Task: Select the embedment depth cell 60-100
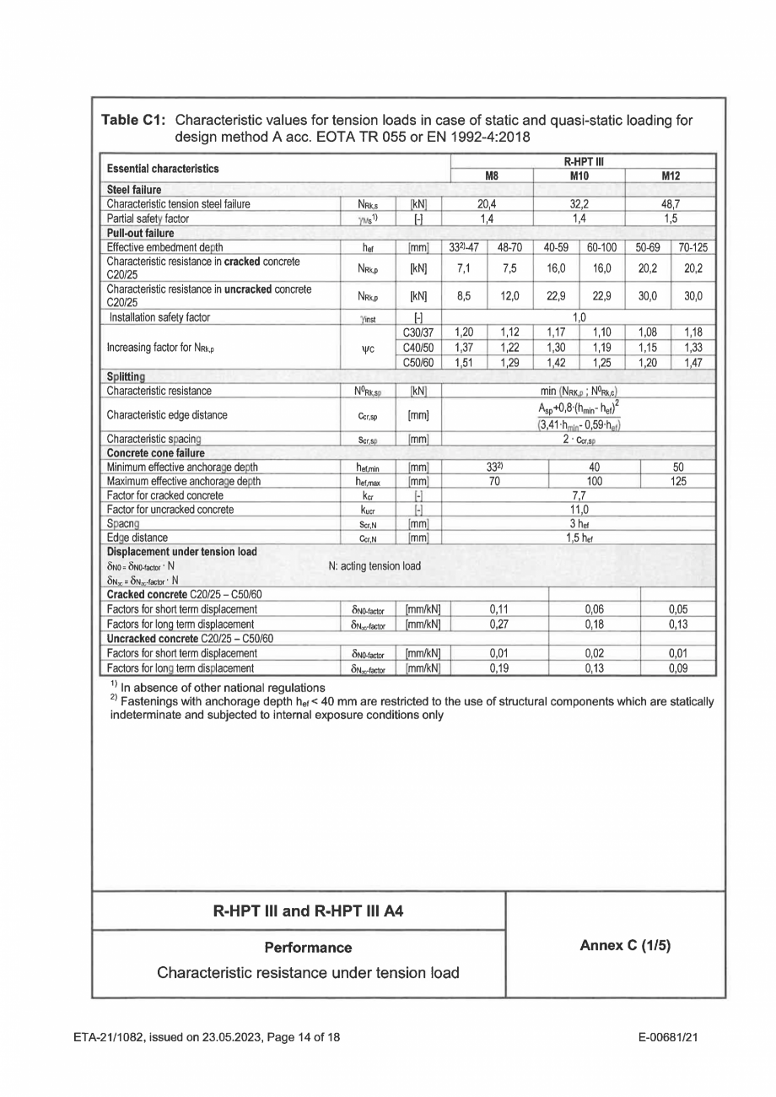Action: click(601, 247)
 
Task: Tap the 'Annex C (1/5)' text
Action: click(624, 946)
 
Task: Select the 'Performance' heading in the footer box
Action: click(308, 948)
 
